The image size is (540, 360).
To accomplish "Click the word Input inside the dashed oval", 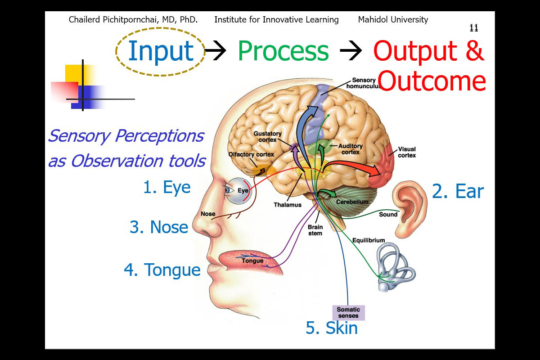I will (161, 51).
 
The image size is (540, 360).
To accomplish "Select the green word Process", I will (283, 51).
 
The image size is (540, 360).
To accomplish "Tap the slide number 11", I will (473, 28).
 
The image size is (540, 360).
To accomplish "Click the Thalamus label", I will (287, 205).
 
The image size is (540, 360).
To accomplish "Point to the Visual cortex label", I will (406, 152).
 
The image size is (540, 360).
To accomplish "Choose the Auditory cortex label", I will (350, 149).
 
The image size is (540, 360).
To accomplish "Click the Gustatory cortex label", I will (267, 137).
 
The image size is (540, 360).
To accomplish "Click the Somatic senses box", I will (348, 312).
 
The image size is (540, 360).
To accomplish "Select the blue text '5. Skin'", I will (332, 328).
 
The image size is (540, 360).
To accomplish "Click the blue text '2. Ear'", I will (457, 191).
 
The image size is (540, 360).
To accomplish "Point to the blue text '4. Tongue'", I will (162, 270).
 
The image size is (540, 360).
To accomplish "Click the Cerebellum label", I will (352, 202).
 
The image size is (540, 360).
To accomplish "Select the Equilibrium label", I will (369, 240).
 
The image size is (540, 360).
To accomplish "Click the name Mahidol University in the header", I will (393, 20).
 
